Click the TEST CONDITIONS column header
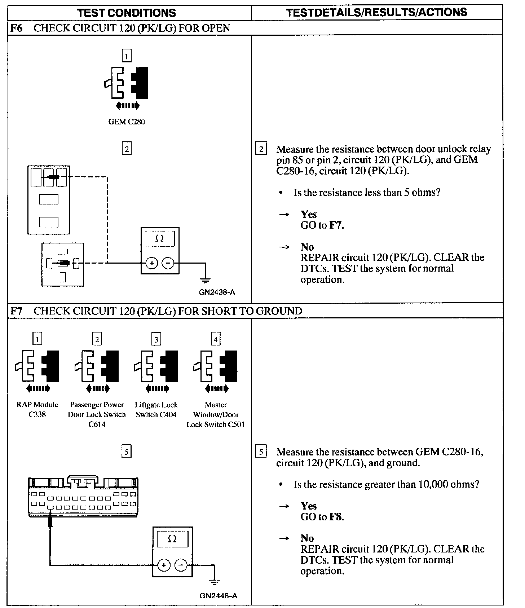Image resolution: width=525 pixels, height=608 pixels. (127, 13)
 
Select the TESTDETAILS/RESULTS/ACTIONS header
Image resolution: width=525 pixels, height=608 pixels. (376, 13)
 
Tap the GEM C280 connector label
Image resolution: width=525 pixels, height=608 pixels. (127, 122)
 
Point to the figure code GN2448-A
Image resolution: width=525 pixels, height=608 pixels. (218, 596)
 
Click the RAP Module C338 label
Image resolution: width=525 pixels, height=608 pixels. (37, 410)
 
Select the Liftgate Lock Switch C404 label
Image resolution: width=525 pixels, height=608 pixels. (156, 410)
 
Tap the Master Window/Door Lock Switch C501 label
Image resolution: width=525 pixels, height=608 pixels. (216, 415)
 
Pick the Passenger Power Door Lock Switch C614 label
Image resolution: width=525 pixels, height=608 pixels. (97, 415)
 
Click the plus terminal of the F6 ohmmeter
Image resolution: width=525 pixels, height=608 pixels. (152, 263)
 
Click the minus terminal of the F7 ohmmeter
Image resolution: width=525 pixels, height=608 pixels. (181, 565)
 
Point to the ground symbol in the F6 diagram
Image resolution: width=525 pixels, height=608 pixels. (205, 280)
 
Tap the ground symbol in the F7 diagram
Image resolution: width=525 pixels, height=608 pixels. (215, 582)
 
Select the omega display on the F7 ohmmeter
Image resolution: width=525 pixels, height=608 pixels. (172, 539)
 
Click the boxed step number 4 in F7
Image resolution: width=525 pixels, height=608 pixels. (215, 339)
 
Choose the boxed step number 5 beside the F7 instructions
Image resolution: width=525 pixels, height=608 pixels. (261, 451)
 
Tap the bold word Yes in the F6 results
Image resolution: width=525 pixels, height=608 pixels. (309, 214)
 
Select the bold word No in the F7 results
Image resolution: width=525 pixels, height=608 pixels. (307, 538)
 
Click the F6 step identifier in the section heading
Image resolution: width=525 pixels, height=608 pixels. (17, 28)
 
